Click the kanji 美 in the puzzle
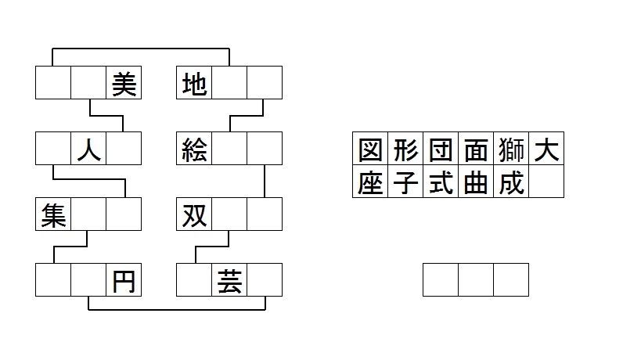tap(124, 84)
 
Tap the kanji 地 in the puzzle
tap(194, 84)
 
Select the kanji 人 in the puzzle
tap(88, 149)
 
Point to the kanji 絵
tap(194, 149)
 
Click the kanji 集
tap(53, 215)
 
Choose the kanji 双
tap(194, 215)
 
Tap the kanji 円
tap(124, 281)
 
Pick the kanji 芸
tap(229, 281)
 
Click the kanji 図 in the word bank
tap(370, 149)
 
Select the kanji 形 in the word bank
tap(405, 149)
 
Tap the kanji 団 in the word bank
tap(441, 149)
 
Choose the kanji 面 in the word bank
tap(476, 149)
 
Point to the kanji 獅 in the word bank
tap(511, 149)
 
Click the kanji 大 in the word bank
tap(546, 149)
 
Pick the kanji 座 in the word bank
tap(370, 182)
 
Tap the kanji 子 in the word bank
tap(405, 182)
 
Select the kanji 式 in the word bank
tap(441, 182)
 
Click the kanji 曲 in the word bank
tap(476, 182)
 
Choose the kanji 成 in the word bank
tap(511, 182)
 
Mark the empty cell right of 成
tap(546, 182)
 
